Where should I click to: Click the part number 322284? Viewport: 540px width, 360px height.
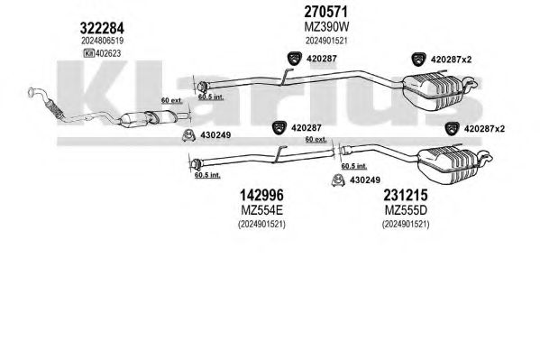pos(102,28)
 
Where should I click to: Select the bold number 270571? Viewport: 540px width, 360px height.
pos(325,12)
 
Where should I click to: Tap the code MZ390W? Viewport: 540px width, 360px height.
pos(326,26)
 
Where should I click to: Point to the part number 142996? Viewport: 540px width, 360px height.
pos(261,195)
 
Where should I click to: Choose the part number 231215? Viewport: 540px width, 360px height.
pos(406,195)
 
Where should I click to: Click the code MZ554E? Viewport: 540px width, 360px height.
pos(262,209)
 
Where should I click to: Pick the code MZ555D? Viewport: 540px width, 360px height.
pos(406,209)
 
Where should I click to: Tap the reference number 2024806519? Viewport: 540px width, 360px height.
pos(102,41)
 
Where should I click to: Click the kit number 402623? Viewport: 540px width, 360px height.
pos(108,53)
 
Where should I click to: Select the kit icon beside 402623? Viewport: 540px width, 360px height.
pos(89,53)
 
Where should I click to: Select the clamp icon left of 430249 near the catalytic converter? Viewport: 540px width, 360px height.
pos(188,135)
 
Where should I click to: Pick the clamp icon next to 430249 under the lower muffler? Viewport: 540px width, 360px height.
pos(338,180)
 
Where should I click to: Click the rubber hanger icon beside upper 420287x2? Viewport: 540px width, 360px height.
pos(418,60)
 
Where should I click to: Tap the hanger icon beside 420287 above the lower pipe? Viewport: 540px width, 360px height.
pos(279,128)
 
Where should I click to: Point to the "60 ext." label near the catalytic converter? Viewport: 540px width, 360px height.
pos(172,101)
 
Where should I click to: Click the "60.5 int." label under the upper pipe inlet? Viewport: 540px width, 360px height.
pos(211,97)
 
